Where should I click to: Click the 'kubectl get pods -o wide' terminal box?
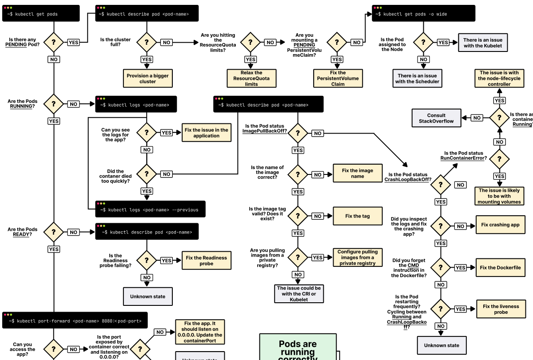pyautogui.click(x=423, y=13)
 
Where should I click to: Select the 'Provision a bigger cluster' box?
pyautogui.click(x=147, y=79)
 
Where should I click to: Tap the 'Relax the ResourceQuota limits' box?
pyautogui.click(x=251, y=79)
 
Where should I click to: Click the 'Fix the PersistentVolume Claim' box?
pyautogui.click(x=338, y=79)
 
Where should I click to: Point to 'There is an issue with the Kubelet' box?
pyautogui.click(x=483, y=43)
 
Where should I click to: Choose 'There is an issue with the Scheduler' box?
pyautogui.click(x=417, y=79)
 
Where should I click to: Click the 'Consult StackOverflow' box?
pyautogui.click(x=436, y=118)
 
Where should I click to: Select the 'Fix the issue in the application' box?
pyautogui.click(x=207, y=133)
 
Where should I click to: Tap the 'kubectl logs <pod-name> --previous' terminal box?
pyautogui.click(x=151, y=209)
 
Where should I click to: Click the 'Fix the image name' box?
pyautogui.click(x=357, y=173)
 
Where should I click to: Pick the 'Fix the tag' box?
pyautogui.click(x=357, y=216)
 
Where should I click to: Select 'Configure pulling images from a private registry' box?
pyautogui.click(x=357, y=257)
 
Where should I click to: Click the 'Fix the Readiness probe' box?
pyautogui.click(x=206, y=261)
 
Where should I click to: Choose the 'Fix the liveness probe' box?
pyautogui.click(x=500, y=309)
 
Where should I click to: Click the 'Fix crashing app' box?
pyautogui.click(x=500, y=225)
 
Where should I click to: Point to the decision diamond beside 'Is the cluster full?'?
pyautogui.click(x=147, y=43)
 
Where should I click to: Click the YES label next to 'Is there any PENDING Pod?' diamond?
pyautogui.click(x=73, y=43)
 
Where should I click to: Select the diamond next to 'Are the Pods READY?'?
pyautogui.click(x=54, y=232)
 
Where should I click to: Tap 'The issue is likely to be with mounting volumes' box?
pyautogui.click(x=500, y=196)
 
